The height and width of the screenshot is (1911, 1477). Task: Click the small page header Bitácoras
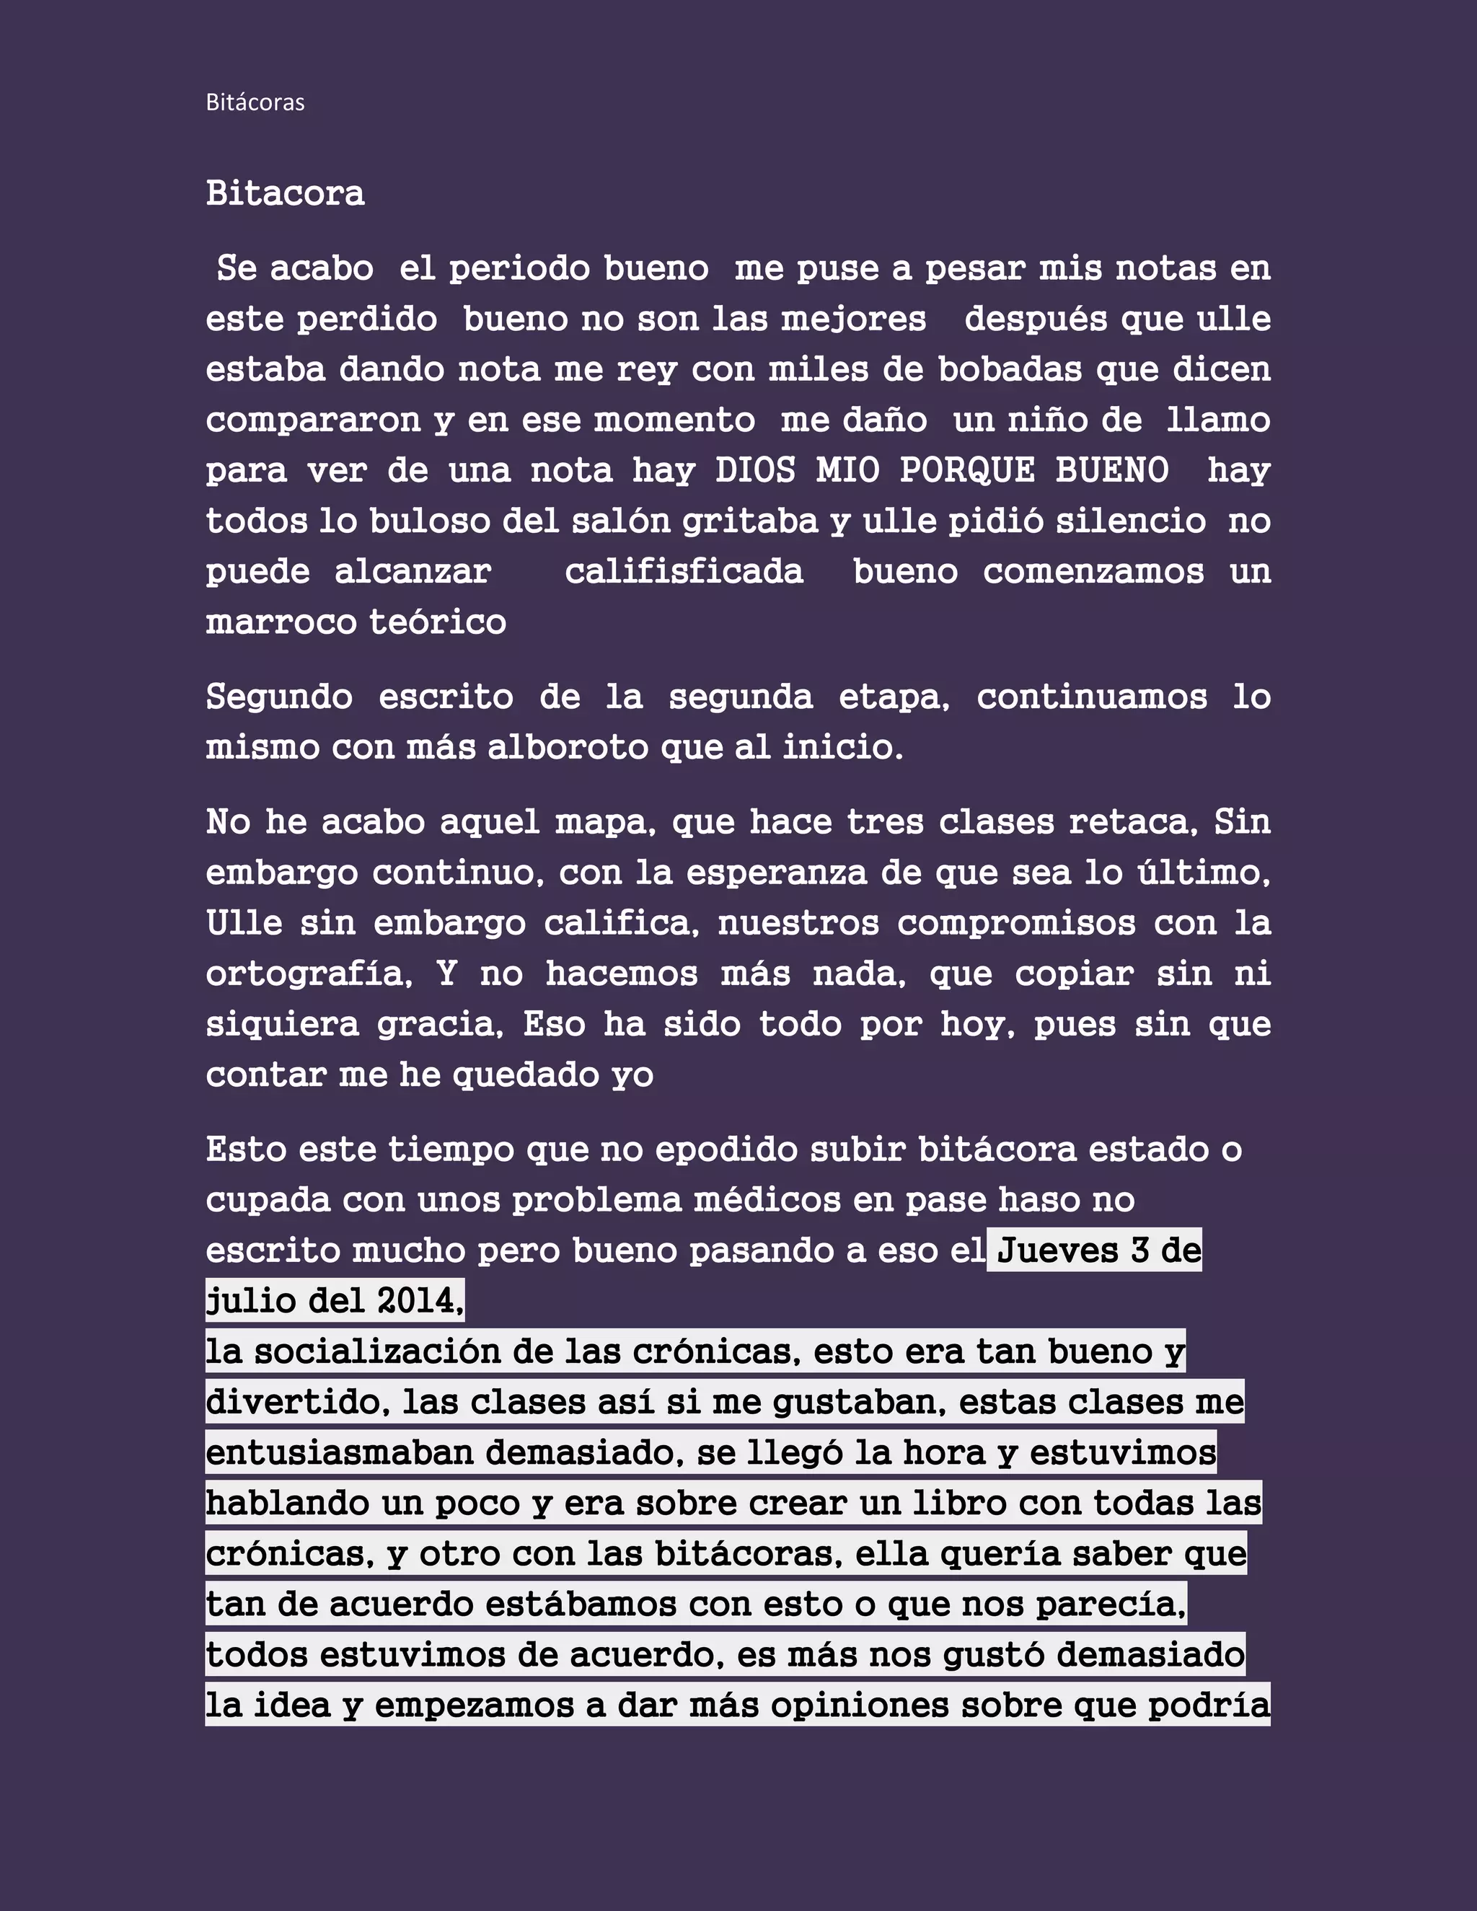255,102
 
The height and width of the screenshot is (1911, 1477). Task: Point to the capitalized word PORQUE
967,471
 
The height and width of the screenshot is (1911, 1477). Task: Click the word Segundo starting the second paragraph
279,697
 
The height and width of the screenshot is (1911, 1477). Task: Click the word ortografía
308,974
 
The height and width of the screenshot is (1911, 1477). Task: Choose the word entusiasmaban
340,1452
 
